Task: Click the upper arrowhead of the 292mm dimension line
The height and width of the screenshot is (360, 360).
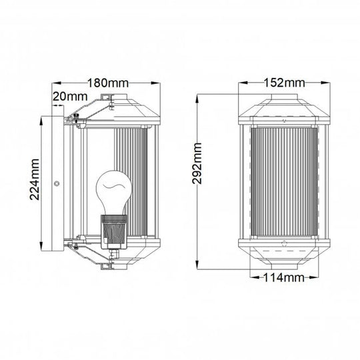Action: (x=198, y=97)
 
